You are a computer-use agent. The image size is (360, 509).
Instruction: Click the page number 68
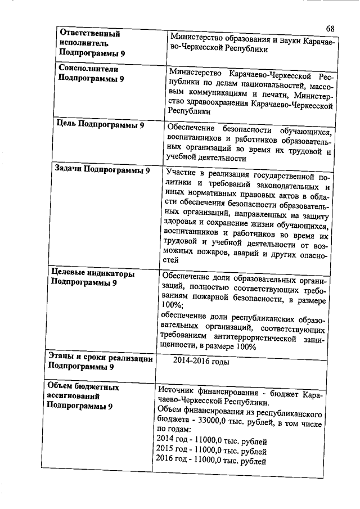pyautogui.click(x=330, y=29)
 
